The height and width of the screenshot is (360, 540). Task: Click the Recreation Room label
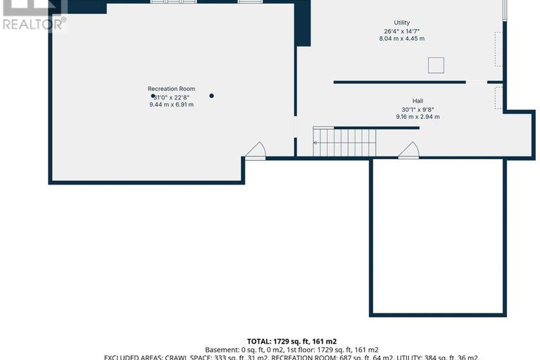coord(171,89)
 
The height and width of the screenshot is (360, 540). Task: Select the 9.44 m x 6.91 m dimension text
coord(171,104)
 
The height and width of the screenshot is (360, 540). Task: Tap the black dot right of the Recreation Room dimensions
coord(211,96)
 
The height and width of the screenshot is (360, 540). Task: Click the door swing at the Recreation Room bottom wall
coord(255,151)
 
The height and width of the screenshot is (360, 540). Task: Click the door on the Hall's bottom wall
coord(408,150)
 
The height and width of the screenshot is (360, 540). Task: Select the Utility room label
coord(401,23)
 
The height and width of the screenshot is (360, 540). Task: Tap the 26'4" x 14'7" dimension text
coord(401,31)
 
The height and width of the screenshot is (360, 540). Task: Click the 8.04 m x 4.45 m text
coord(401,39)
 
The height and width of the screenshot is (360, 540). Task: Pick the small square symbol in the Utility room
coord(437,66)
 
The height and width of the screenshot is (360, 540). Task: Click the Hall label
coord(417,101)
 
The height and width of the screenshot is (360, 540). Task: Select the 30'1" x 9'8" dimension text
coord(417,109)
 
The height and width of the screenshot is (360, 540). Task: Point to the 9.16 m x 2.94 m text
coord(417,117)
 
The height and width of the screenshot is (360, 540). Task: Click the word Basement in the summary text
coord(222,349)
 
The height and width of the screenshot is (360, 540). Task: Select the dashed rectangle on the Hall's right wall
coord(498,98)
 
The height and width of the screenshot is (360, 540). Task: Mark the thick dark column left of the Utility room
coord(303,23)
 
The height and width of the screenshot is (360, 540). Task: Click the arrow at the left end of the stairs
coord(316,142)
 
